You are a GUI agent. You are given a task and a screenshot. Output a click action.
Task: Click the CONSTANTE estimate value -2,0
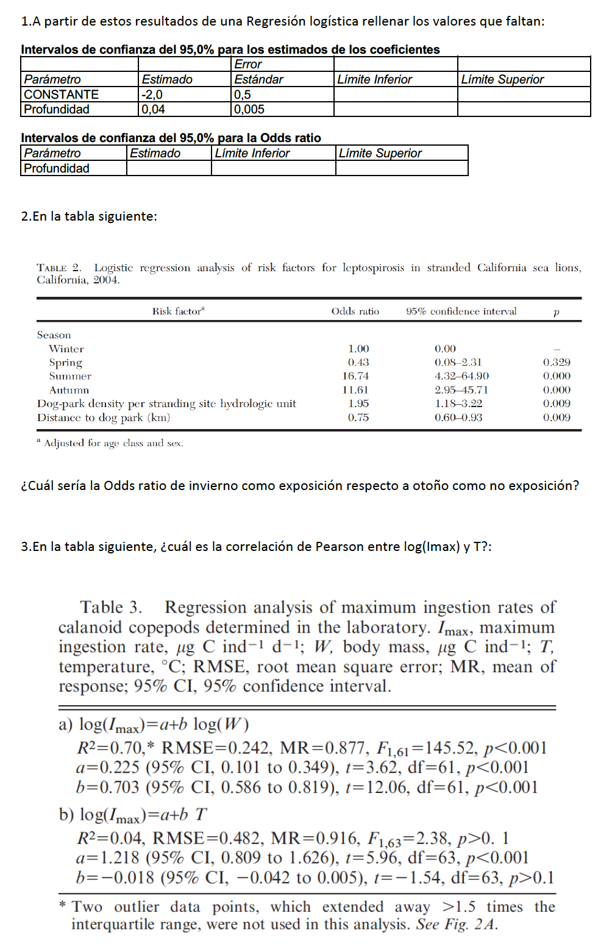click(x=152, y=94)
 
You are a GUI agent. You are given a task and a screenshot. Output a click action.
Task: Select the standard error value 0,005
click(x=249, y=110)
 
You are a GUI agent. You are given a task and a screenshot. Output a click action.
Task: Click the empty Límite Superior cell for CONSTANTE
click(x=524, y=94)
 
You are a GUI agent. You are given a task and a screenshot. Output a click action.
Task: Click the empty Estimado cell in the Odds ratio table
click(x=169, y=168)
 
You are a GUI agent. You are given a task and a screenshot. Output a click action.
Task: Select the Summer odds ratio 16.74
click(x=355, y=376)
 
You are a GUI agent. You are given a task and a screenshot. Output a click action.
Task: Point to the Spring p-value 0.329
click(x=557, y=362)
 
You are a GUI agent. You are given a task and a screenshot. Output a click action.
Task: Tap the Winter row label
click(x=66, y=349)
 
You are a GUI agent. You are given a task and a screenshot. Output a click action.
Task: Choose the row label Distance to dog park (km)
click(x=104, y=417)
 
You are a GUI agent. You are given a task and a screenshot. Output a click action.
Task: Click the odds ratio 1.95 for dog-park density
click(x=358, y=403)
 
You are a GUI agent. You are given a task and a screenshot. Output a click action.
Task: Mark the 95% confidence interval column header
click(x=461, y=311)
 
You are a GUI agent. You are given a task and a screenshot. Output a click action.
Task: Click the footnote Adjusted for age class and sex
click(x=113, y=443)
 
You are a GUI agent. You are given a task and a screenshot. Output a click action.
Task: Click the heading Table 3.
click(x=111, y=607)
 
